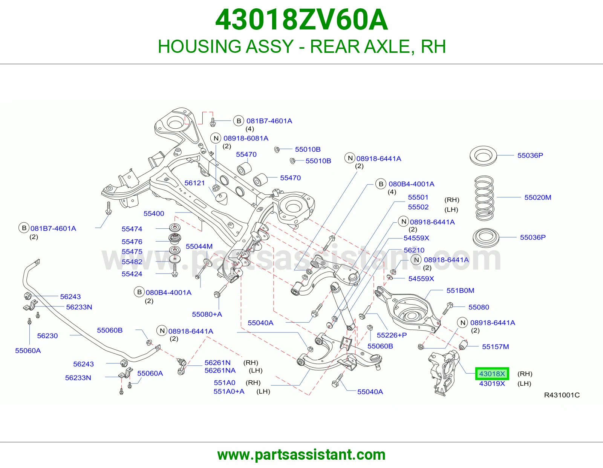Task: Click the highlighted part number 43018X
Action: click(x=492, y=374)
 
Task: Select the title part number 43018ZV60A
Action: click(x=301, y=20)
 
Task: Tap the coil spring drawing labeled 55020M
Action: click(x=484, y=198)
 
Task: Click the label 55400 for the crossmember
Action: click(x=154, y=214)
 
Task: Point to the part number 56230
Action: click(x=47, y=336)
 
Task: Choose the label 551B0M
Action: click(x=461, y=290)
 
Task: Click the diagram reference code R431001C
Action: click(x=562, y=395)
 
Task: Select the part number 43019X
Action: click(x=492, y=383)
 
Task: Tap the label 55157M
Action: click(x=495, y=346)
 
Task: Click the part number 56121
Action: click(x=194, y=183)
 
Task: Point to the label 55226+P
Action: click(x=392, y=335)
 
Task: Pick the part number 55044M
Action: click(x=199, y=246)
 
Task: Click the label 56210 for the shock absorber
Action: click(x=414, y=250)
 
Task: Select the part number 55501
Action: click(x=418, y=197)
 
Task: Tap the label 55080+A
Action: click(x=207, y=314)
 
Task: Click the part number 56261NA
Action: click(x=220, y=371)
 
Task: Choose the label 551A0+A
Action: click(x=229, y=391)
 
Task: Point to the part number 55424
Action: click(x=132, y=274)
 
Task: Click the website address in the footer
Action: click(x=301, y=455)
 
